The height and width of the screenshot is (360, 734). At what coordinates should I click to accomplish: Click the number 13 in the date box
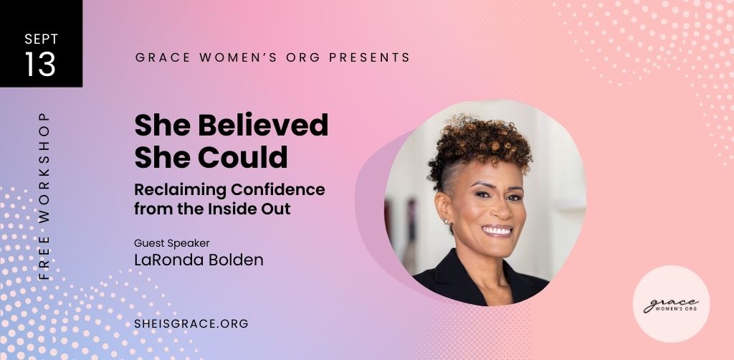tap(40, 65)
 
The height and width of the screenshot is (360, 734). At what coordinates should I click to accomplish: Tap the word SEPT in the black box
tap(40, 39)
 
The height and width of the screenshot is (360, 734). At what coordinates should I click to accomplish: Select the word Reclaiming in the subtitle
tap(177, 190)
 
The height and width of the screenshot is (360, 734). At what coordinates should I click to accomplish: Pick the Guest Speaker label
tap(171, 242)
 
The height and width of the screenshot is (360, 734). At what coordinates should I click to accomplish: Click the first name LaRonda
tap(167, 260)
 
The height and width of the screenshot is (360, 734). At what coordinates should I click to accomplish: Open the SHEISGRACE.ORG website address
tap(191, 323)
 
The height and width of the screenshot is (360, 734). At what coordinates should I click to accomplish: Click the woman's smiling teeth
tap(497, 231)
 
